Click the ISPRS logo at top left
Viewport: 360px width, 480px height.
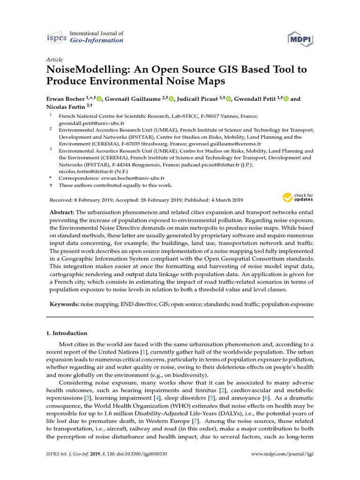click(56, 37)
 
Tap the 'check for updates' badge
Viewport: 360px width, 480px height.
click(298, 197)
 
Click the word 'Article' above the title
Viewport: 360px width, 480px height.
click(55, 60)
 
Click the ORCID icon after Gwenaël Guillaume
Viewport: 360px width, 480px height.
click(171, 99)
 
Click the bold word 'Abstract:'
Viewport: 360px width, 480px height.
click(62, 213)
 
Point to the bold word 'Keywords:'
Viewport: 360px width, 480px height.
click(65, 305)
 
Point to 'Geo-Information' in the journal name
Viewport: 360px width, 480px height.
click(96, 40)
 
